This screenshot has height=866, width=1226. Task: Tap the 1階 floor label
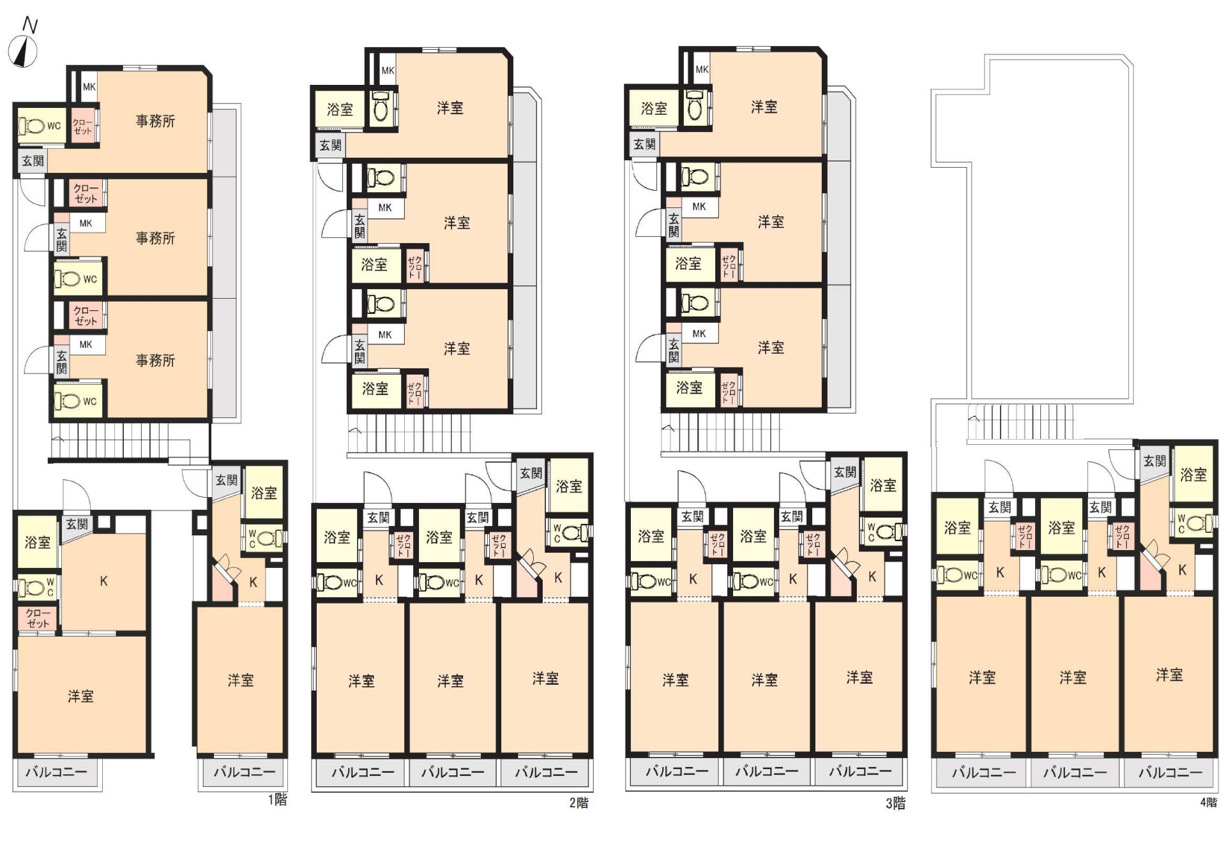tap(277, 800)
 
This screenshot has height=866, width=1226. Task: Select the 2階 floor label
tap(579, 803)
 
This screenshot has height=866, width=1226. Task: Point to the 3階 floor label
tap(895, 803)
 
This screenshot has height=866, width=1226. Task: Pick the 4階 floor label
tap(1208, 802)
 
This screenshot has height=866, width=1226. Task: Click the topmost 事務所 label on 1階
tap(155, 121)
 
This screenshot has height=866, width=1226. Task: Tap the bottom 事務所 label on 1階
tap(155, 361)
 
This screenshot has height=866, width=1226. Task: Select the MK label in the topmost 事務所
tap(89, 87)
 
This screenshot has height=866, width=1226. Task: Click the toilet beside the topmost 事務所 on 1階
tap(31, 126)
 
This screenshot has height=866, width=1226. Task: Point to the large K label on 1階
tap(103, 581)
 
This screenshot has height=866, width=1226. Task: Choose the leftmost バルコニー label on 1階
tap(56, 772)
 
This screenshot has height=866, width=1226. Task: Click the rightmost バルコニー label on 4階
tap(1170, 772)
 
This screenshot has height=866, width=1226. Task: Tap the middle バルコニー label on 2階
tap(453, 772)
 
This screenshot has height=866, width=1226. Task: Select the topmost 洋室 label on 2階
tap(450, 108)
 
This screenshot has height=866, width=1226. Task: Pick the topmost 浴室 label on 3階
tap(654, 108)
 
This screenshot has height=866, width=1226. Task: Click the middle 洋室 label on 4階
tap(1073, 677)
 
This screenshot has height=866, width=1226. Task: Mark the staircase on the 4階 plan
tap(1020, 422)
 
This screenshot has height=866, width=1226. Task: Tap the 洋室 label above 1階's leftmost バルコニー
tap(80, 696)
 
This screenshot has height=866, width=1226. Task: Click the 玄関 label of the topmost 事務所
tap(33, 161)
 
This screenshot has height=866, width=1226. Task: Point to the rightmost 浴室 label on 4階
tap(1193, 475)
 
